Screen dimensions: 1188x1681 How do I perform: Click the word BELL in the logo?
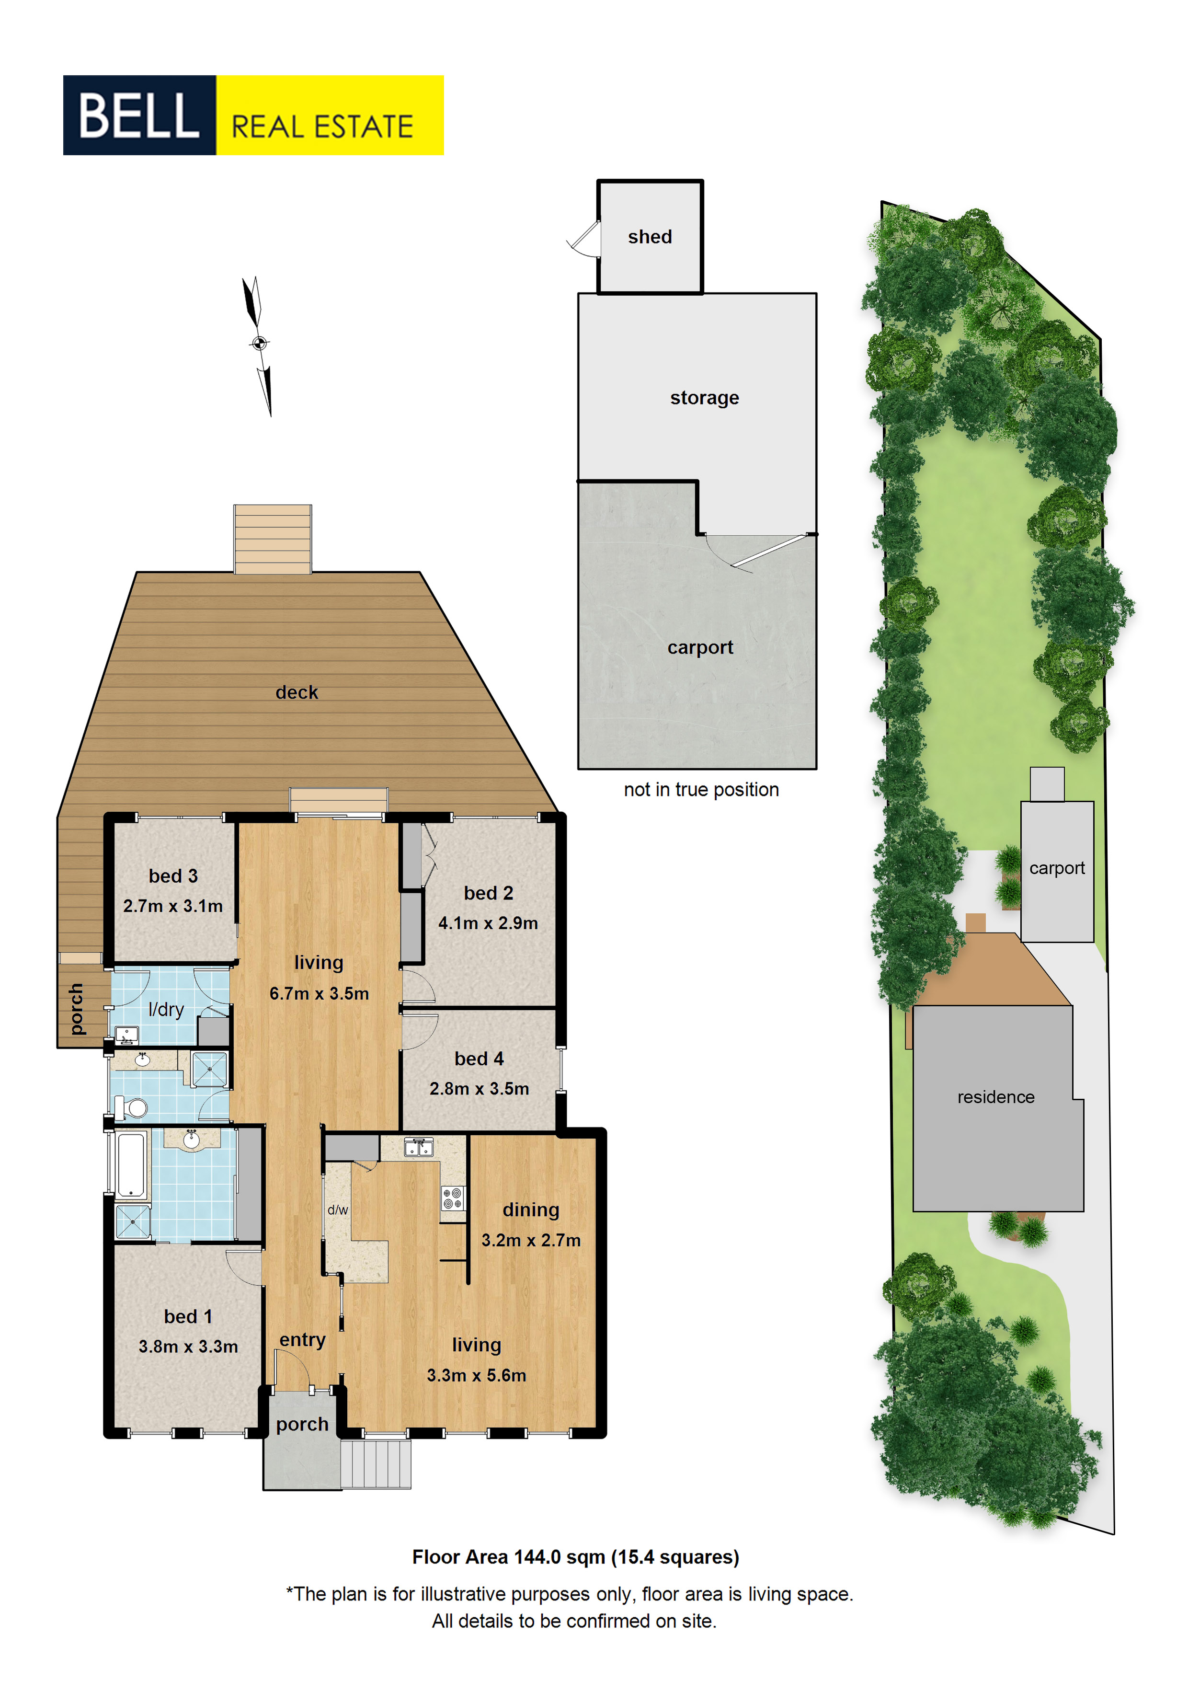[x=138, y=115]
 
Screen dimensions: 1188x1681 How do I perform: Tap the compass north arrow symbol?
[x=258, y=345]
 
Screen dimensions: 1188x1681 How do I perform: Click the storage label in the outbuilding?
[x=704, y=398]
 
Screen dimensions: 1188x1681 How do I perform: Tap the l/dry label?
[x=166, y=1010]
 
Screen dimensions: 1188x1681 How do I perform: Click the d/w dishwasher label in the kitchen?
[x=337, y=1210]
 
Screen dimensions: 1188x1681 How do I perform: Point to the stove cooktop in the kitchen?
[x=452, y=1198]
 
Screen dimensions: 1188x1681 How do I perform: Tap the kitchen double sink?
[x=419, y=1147]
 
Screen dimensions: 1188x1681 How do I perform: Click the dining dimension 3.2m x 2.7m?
[x=531, y=1240]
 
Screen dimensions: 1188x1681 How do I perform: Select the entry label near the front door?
[x=302, y=1340]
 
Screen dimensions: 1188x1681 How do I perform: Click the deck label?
[x=297, y=692]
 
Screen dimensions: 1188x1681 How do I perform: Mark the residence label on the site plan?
[x=995, y=1097]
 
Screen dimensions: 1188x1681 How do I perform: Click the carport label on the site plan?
[x=1057, y=868]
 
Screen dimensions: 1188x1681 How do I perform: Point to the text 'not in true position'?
[x=701, y=789]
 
